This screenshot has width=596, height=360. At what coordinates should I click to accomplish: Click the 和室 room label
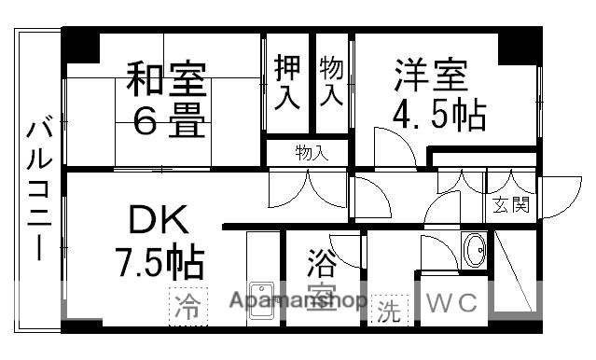166,79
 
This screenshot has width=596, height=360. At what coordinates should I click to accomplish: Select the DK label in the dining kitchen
159,223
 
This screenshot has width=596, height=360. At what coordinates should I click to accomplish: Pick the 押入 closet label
287,82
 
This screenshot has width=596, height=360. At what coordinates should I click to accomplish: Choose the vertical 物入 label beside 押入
330,80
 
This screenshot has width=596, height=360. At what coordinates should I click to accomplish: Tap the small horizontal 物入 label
312,151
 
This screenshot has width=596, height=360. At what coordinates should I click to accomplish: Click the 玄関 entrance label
511,204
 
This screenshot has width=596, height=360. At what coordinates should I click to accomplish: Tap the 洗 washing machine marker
387,312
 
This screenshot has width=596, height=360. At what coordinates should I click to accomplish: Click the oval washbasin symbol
476,250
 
